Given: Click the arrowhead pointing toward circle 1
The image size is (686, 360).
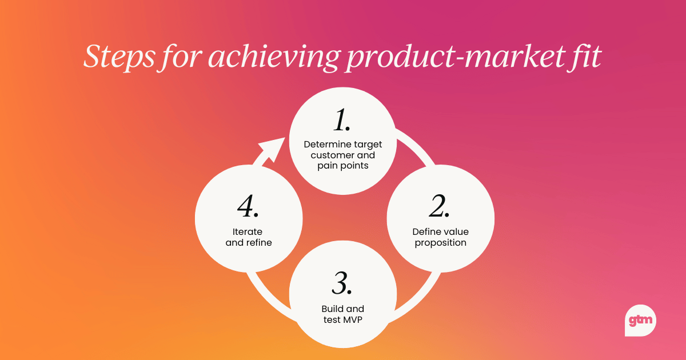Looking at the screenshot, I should [x=273, y=149].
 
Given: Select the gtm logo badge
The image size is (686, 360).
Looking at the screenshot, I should [x=640, y=321].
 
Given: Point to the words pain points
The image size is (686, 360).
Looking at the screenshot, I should [x=342, y=166].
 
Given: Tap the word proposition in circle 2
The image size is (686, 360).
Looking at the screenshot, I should [x=440, y=242].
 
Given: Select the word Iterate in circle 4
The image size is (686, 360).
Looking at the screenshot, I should [x=248, y=231].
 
